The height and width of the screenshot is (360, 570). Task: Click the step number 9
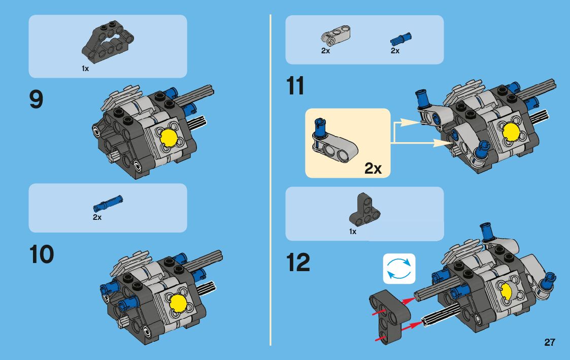click(x=37, y=100)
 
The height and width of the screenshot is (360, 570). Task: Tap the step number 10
click(x=42, y=254)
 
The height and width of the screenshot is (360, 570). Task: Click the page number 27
click(x=549, y=342)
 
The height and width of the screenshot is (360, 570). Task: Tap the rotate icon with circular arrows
click(x=398, y=269)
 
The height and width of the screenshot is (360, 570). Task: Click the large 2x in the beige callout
click(x=373, y=169)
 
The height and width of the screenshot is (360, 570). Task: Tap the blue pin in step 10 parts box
click(x=108, y=204)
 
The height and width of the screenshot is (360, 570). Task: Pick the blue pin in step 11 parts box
click(x=401, y=38)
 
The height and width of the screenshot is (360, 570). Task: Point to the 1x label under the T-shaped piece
click(x=353, y=232)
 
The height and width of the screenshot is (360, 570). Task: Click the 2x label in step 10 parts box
click(x=97, y=217)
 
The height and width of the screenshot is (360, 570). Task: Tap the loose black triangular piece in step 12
click(x=389, y=314)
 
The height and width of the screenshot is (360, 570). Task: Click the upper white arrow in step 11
click(x=407, y=122)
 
